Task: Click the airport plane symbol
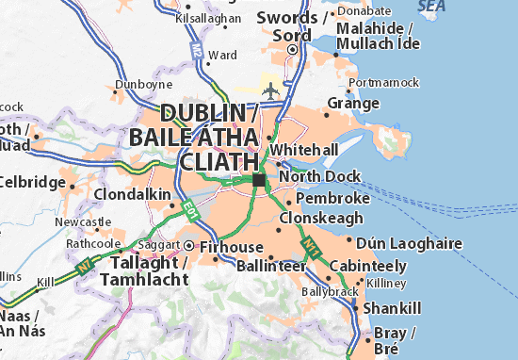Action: [x=273, y=90]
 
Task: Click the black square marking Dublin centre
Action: [x=258, y=179]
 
